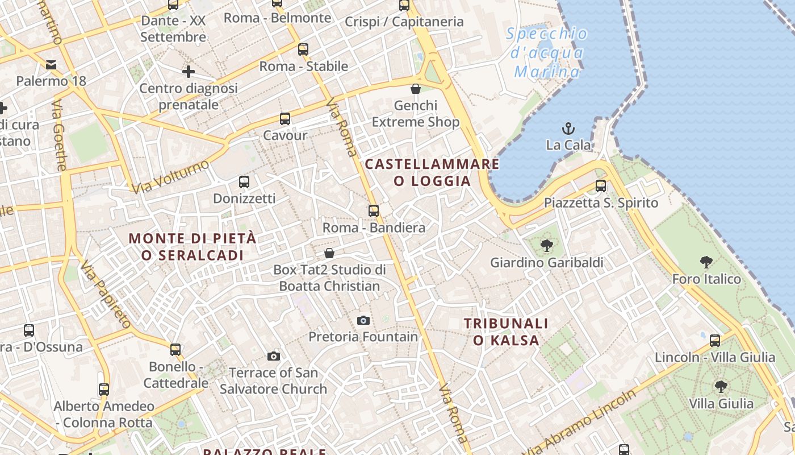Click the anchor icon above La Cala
568,129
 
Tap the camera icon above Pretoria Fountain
363,321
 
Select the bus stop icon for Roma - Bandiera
373,211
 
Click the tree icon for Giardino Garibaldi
547,246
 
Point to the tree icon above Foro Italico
706,262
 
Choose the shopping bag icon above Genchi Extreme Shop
416,89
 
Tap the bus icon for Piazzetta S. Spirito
600,185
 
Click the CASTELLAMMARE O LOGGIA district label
432,173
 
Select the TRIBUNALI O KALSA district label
506,332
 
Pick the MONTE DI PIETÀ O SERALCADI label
193,247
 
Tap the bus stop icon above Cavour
285,119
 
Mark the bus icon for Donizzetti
244,182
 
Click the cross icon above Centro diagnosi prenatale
189,72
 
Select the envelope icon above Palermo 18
51,64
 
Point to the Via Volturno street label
170,176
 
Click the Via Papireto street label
106,295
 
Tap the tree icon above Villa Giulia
721,387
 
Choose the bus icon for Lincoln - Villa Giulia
715,340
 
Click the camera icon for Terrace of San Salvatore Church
274,357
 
